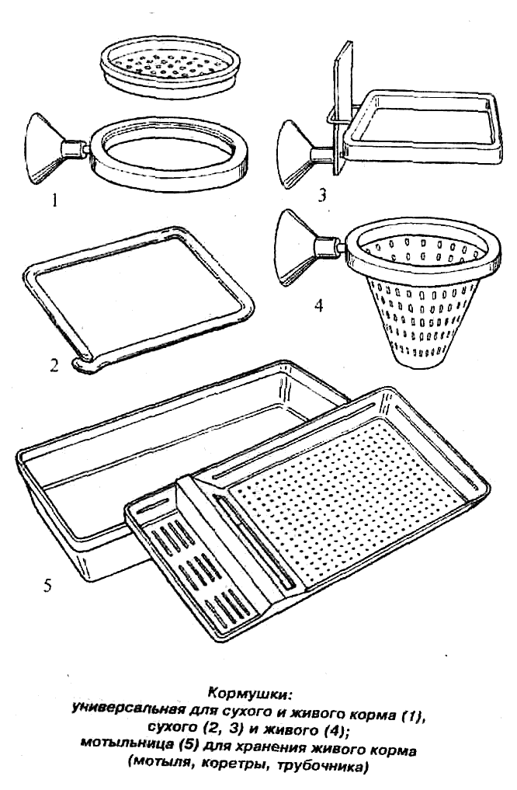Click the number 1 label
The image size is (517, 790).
point(54,201)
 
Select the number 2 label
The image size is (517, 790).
point(54,364)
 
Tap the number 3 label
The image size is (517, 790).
point(322,194)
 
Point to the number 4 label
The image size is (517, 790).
point(318,305)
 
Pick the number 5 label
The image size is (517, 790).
point(47,586)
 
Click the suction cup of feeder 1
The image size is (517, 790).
point(44,148)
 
